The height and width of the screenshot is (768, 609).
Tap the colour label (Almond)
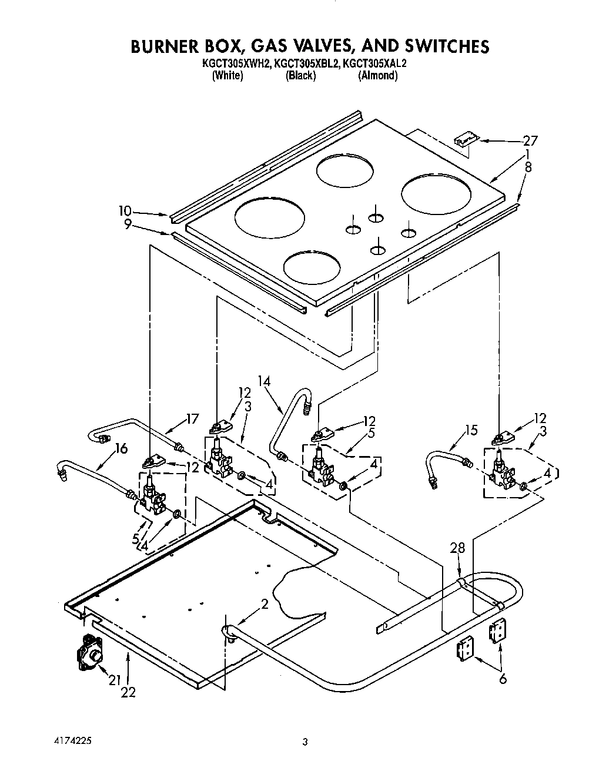click(x=377, y=75)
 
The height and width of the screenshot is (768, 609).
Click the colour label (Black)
click(x=300, y=75)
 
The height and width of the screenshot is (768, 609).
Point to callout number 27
click(x=530, y=140)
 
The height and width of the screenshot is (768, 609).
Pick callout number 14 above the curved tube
click(x=264, y=381)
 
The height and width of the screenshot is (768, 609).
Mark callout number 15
click(x=470, y=431)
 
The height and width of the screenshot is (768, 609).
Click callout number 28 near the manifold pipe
click(x=457, y=548)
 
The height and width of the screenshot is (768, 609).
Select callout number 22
click(x=128, y=692)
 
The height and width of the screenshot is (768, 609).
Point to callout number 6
click(x=502, y=679)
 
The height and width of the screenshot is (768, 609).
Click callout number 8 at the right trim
click(x=528, y=166)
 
